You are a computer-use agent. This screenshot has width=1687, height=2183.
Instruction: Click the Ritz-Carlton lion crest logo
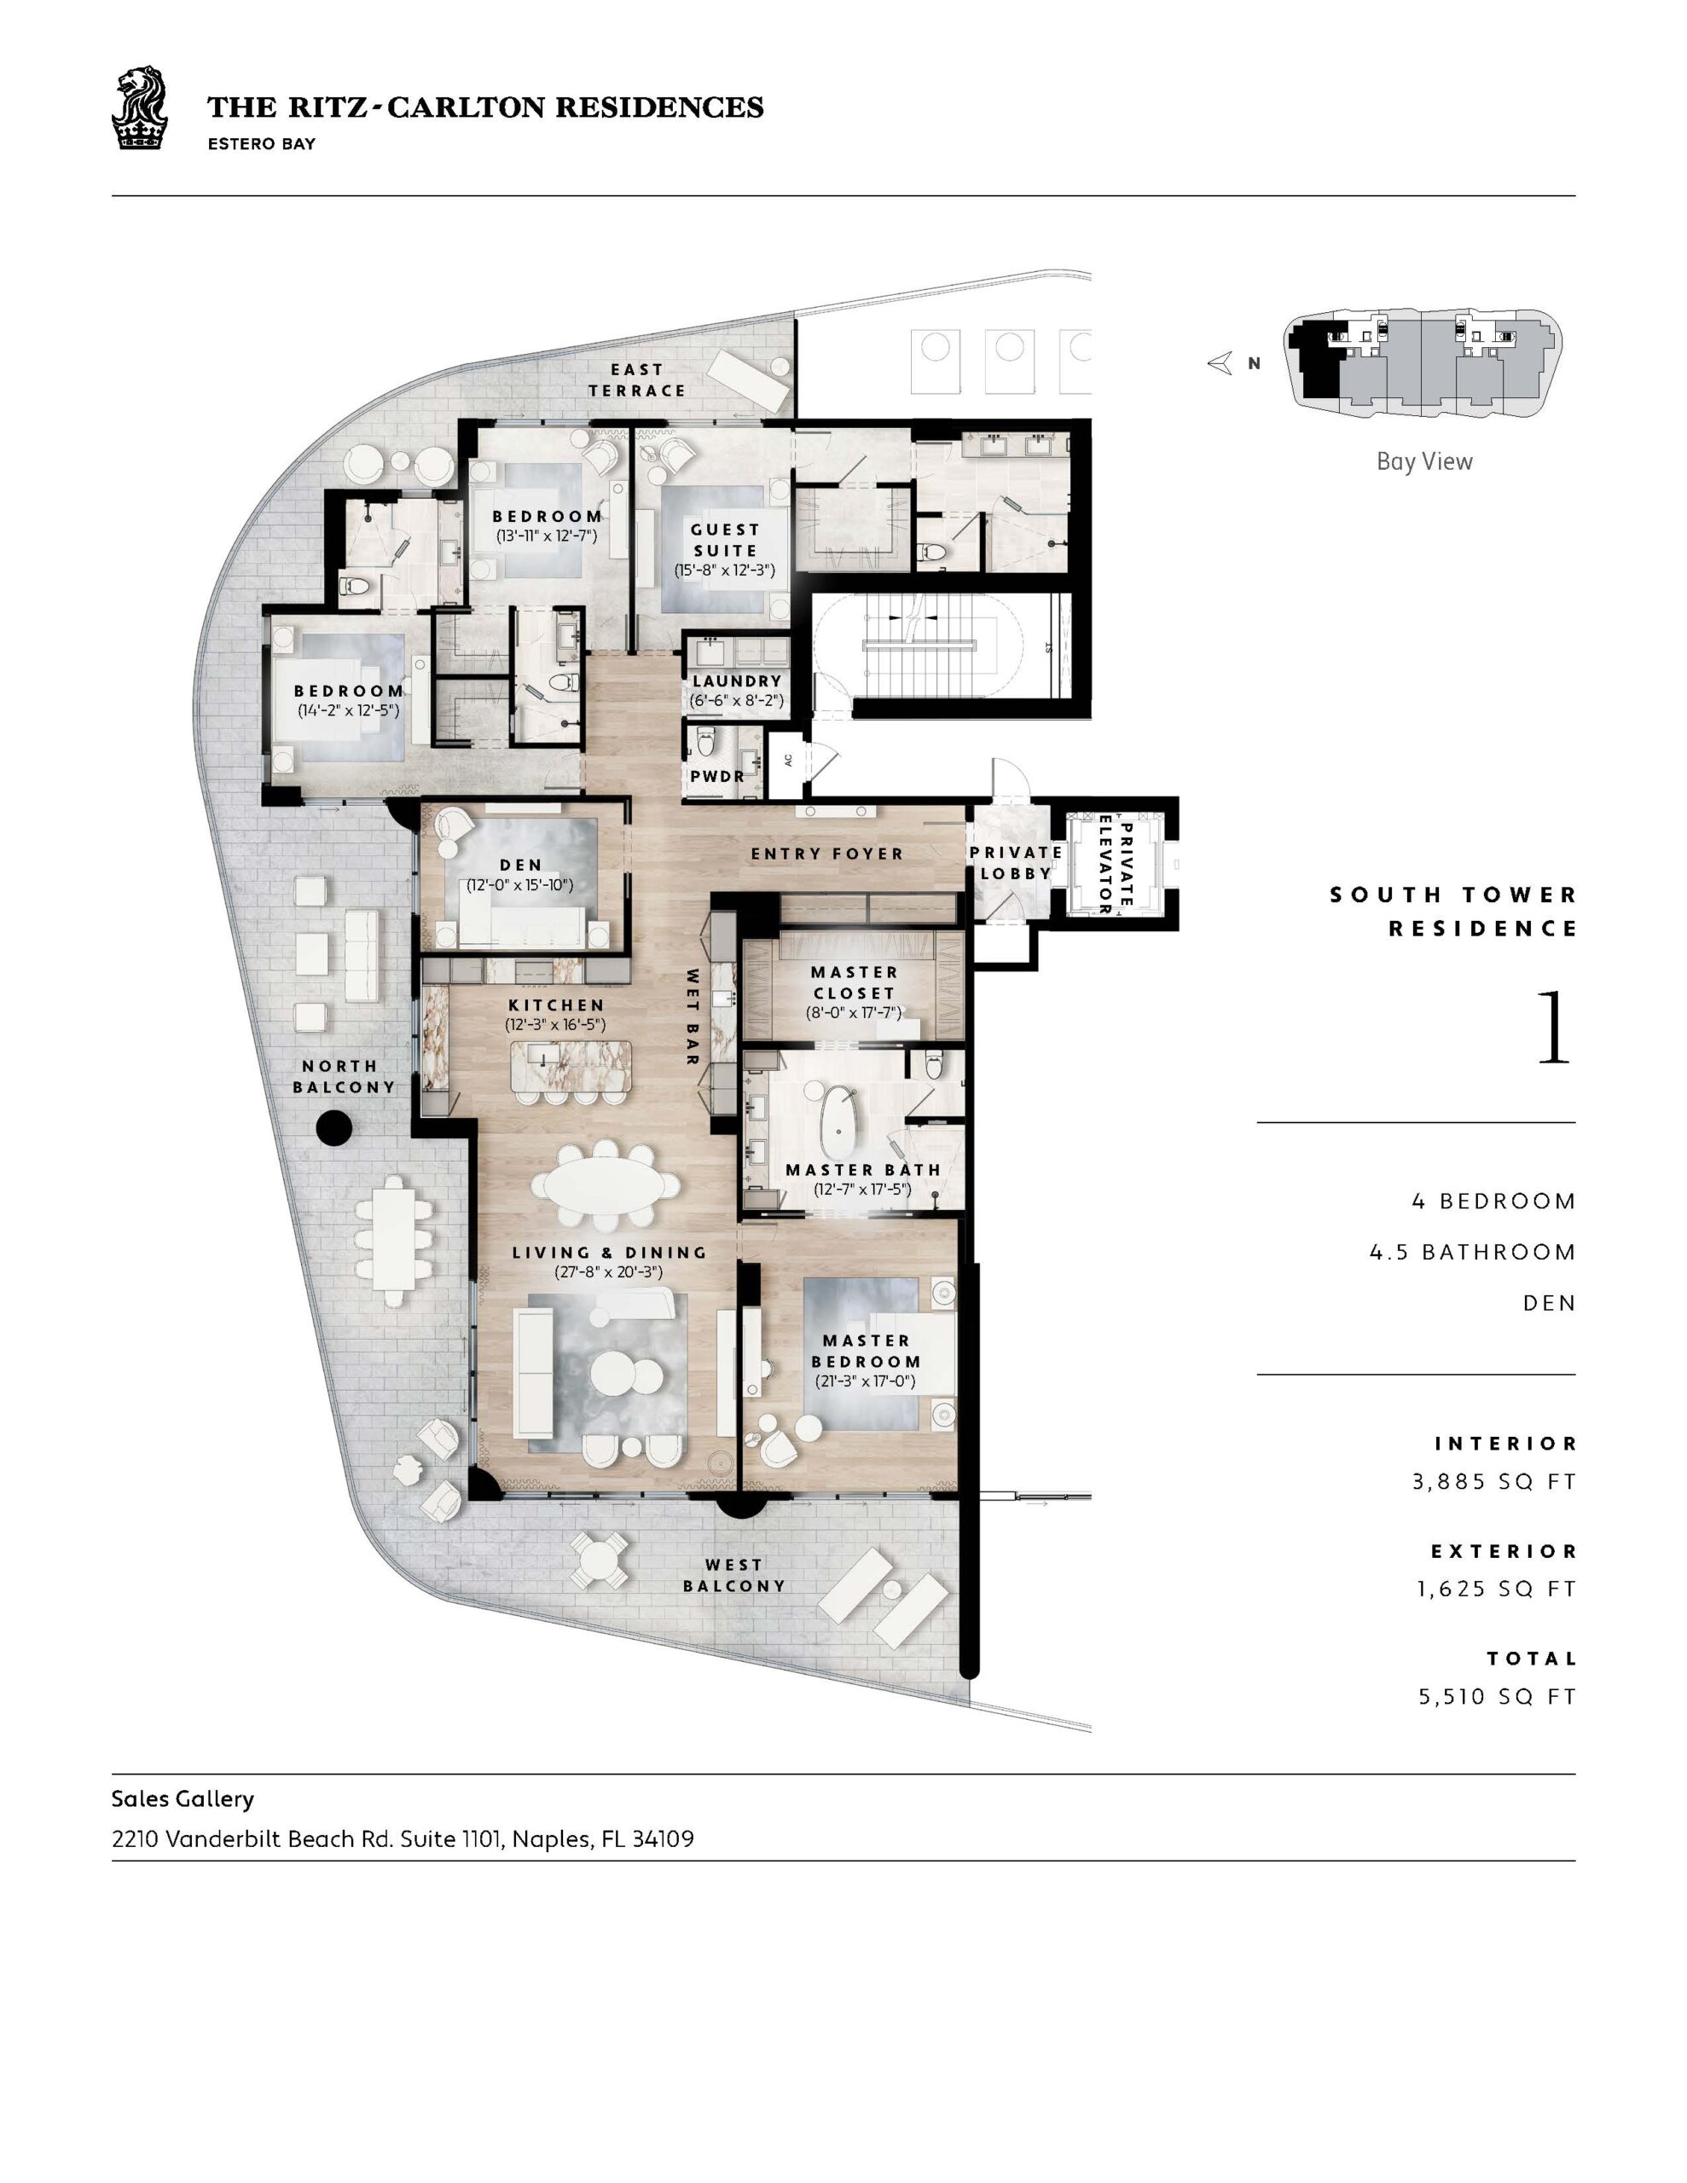(x=138, y=108)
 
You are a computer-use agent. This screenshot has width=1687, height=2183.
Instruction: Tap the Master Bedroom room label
(x=866, y=1351)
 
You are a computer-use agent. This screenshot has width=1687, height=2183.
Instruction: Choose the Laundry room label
(x=737, y=680)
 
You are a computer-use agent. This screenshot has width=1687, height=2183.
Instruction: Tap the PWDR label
(x=717, y=776)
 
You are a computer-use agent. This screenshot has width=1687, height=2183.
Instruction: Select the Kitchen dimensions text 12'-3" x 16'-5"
(x=556, y=1024)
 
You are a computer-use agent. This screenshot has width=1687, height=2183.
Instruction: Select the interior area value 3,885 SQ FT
(x=1494, y=1481)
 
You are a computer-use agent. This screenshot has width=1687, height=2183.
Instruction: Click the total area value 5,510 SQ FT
(x=1497, y=1696)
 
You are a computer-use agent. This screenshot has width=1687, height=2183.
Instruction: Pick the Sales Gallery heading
(x=183, y=1798)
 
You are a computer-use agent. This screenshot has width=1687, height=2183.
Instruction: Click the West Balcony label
(x=734, y=1575)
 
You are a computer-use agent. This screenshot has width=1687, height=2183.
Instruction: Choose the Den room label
(x=521, y=865)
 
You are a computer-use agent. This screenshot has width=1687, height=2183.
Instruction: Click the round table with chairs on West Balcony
(x=599, y=1561)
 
